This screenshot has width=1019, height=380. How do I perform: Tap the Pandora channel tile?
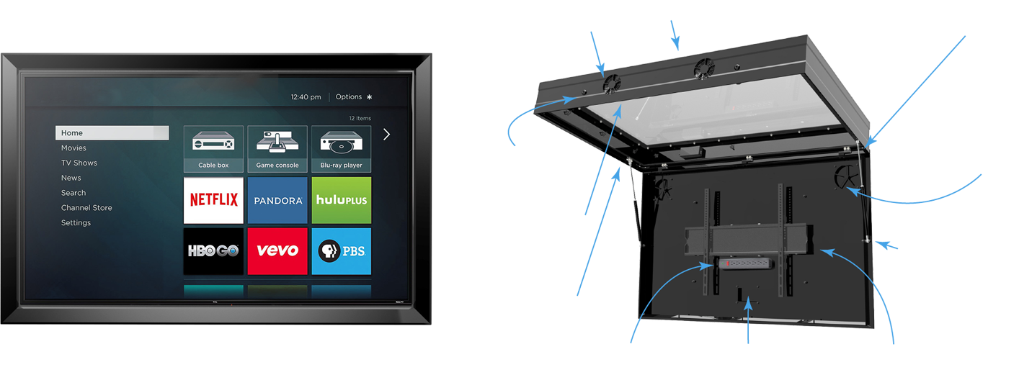(x=277, y=200)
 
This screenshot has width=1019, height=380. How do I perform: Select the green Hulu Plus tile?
(x=342, y=200)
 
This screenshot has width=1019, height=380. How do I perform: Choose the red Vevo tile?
(x=277, y=251)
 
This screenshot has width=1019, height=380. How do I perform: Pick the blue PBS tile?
(x=342, y=251)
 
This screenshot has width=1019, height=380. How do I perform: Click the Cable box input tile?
(x=213, y=149)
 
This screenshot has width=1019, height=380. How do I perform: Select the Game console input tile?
(x=277, y=149)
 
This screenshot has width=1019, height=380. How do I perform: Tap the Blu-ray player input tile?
(x=342, y=149)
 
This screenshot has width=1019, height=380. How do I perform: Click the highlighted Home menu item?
(x=112, y=133)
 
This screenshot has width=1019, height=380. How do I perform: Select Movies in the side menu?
(x=74, y=148)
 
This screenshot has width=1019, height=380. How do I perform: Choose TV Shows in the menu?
(x=79, y=163)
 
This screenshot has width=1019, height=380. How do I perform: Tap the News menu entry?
(x=71, y=178)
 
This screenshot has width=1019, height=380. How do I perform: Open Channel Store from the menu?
(x=86, y=208)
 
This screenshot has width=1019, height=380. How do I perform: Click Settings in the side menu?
(x=76, y=223)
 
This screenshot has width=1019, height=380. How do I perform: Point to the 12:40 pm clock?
(x=306, y=97)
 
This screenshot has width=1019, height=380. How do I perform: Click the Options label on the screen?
(x=349, y=97)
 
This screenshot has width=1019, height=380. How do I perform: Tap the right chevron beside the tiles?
(x=387, y=134)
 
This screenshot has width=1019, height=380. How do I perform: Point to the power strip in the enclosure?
(x=745, y=264)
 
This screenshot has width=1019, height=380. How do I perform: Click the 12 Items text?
(x=360, y=118)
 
